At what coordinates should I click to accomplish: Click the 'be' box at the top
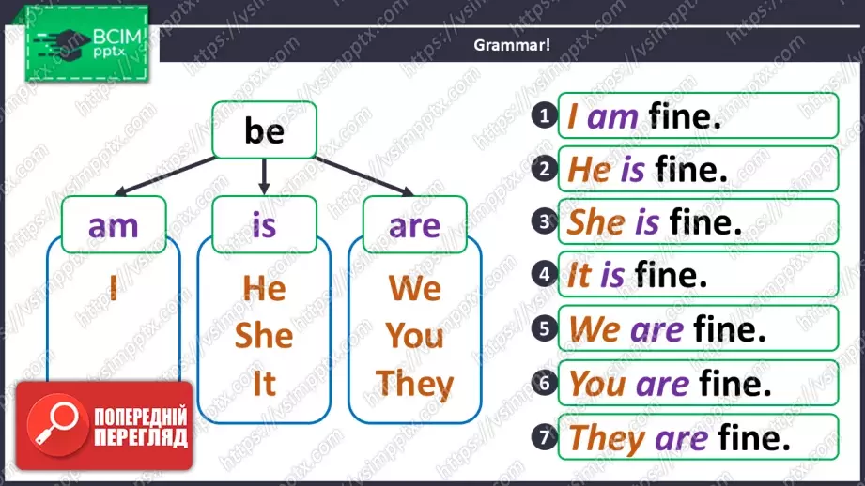264,130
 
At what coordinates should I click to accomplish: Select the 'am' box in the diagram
114,224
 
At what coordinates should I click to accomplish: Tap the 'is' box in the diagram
264,224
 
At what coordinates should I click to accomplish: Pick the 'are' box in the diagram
415,224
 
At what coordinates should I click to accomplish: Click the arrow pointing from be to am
165,175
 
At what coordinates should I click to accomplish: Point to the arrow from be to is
264,177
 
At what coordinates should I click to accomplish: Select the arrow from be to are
364,176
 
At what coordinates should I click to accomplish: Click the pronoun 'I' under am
114,287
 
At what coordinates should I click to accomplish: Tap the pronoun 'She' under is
264,336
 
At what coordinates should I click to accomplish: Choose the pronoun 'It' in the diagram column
264,383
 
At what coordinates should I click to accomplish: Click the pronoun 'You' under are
415,336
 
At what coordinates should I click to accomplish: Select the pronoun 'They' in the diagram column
415,384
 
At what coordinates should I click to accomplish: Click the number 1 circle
545,115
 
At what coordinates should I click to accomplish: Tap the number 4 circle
545,274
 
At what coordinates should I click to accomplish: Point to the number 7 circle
545,437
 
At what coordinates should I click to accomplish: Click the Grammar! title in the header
512,45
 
